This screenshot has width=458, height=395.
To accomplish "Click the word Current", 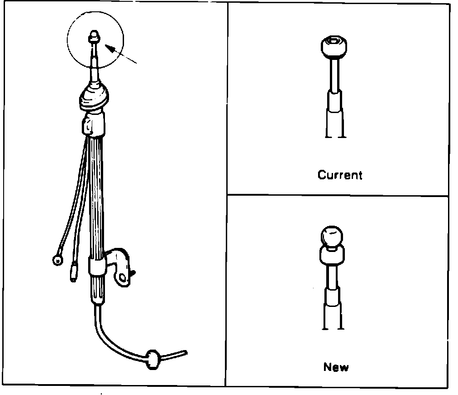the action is (340, 175).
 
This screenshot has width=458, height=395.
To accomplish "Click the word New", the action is (336, 366).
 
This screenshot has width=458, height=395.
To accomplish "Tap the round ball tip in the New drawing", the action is (332, 237).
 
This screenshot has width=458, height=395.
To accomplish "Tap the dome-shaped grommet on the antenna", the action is (95, 99).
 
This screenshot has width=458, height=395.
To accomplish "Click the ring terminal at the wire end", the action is (58, 260).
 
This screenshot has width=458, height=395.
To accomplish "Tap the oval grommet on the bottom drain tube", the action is (153, 359).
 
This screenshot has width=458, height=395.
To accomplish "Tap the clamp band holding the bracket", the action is (97, 267).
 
